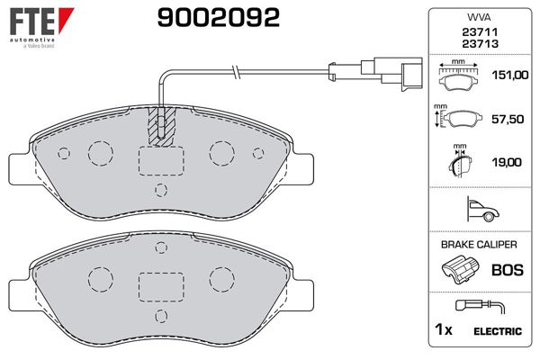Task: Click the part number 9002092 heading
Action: pos(219,18)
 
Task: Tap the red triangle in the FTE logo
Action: pos(65,18)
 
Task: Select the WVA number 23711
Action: pos(480,32)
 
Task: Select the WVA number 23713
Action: pos(480,44)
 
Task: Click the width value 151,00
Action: pos(509,75)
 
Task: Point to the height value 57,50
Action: pos(508,119)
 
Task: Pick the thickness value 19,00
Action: pos(506,162)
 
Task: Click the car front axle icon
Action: pos(482,209)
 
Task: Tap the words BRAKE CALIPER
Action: pos(479,245)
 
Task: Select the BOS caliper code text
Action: pos(508,270)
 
